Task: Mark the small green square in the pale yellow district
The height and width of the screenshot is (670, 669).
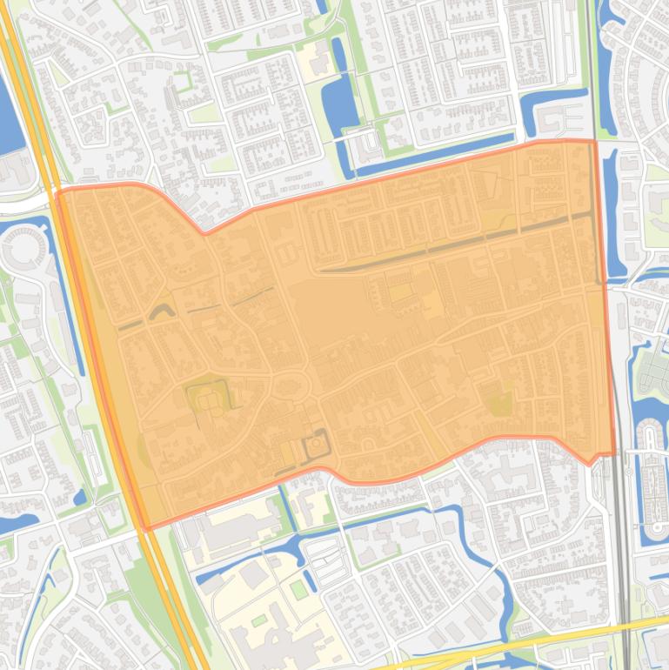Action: pos(298,589)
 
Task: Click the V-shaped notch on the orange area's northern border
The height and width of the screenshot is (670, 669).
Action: pos(205,232)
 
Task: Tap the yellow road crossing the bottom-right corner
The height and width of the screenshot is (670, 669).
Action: pos(557,640)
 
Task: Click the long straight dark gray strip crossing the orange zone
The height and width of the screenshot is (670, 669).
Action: pos(452,244)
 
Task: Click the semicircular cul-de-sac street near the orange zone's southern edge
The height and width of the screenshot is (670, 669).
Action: pos(369,446)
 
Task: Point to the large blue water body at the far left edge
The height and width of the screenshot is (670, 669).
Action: pos(9,113)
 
